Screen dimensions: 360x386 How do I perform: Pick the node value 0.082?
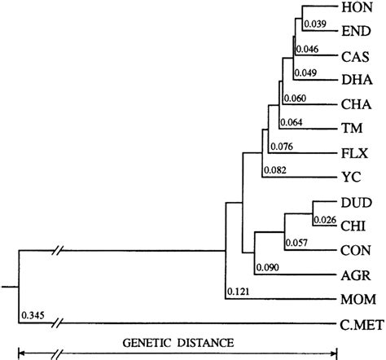275,169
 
